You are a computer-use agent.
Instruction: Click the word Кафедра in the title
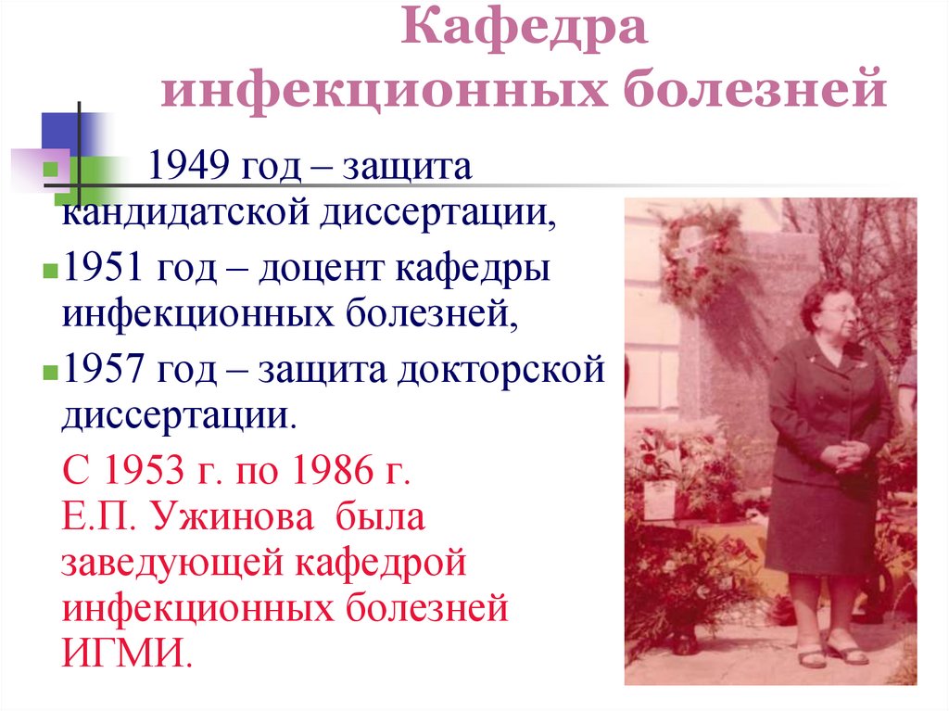point(525,31)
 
